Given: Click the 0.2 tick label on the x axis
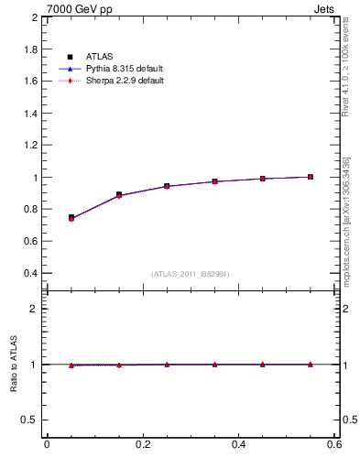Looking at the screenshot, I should (x=142, y=445).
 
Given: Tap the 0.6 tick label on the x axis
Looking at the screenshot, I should (x=333, y=445).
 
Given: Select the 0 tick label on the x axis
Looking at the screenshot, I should (x=47, y=445).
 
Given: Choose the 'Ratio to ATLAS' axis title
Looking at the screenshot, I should (x=14, y=365).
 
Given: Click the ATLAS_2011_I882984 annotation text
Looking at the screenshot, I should (x=191, y=274).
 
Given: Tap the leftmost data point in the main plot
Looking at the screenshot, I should (x=71, y=218).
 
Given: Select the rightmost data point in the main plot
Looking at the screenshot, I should (x=311, y=177).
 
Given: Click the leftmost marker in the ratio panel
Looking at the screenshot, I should (x=71, y=365).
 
